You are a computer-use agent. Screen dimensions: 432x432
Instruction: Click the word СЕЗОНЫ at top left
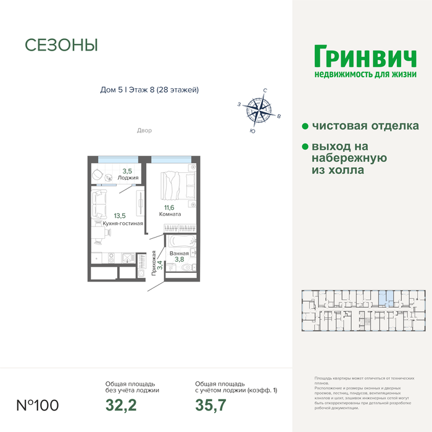point(61,45)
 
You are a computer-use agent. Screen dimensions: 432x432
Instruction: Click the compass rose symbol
point(259,111)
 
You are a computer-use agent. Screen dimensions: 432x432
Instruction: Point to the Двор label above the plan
point(144,131)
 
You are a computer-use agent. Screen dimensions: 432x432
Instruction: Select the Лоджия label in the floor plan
point(130,178)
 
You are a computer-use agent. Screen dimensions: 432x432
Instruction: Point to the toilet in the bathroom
point(193,267)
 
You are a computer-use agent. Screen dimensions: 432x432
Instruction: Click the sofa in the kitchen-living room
point(99,204)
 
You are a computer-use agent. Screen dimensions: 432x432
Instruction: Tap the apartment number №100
point(37,405)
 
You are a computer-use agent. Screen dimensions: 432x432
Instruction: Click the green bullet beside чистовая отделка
point(305,126)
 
